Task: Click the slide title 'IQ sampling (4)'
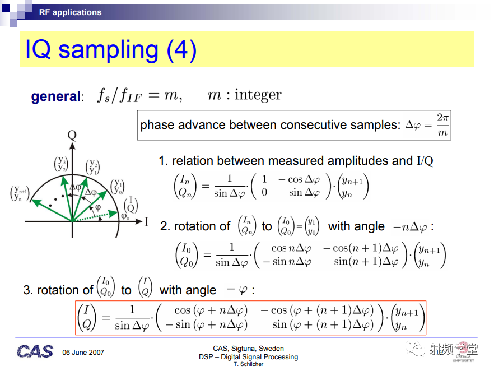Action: point(111,50)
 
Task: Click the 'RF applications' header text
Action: point(70,12)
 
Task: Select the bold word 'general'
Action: point(56,96)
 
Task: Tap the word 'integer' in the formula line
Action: point(258,95)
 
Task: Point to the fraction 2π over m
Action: point(442,125)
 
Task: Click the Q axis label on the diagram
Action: point(72,135)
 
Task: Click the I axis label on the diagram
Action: point(146,222)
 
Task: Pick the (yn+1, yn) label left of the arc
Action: point(20,193)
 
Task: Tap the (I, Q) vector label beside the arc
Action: point(131,205)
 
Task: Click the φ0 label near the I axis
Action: point(125,216)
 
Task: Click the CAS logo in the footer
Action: point(35,351)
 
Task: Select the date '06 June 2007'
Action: point(83,353)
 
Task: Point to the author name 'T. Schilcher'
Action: point(248,364)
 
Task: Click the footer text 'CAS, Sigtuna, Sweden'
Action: point(248,349)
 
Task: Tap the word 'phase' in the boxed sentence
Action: point(157,125)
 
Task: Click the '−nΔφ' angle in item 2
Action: point(410,227)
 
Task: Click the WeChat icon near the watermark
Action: point(415,349)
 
